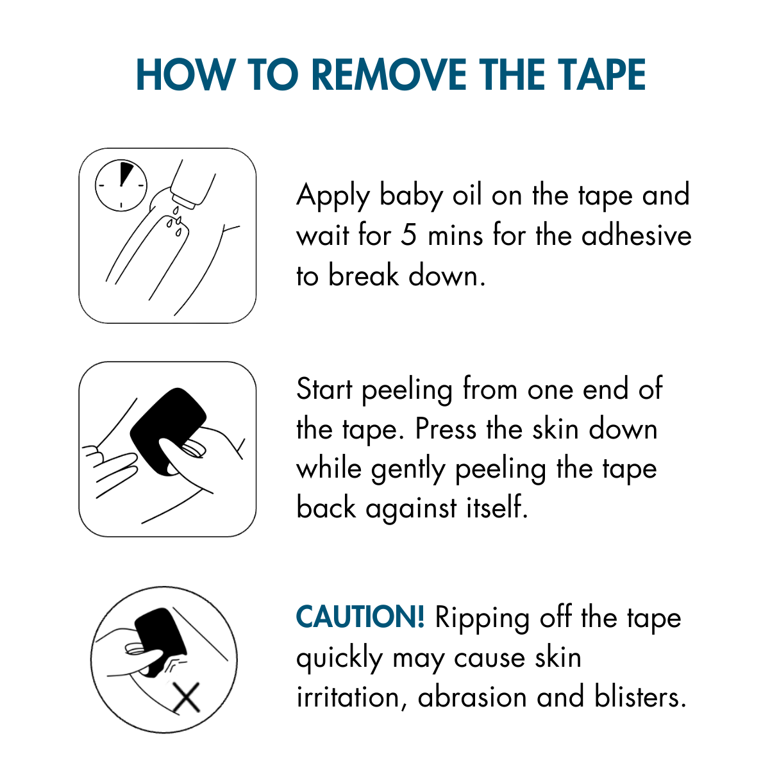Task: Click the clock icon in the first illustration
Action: pyautogui.click(x=121, y=185)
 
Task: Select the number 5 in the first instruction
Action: pyautogui.click(x=408, y=235)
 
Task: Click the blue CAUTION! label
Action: pyautogui.click(x=360, y=617)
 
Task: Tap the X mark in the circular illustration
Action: pyautogui.click(x=187, y=698)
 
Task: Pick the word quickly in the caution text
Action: pyautogui.click(x=339, y=658)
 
